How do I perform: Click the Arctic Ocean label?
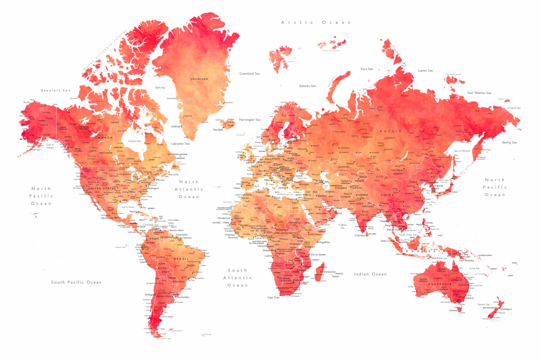coord(316,22)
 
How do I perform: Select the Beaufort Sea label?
coord(56,90)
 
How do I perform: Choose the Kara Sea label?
coord(367,69)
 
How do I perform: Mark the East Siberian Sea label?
coord(479,93)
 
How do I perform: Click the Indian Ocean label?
coord(370,274)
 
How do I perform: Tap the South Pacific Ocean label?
coord(76,282)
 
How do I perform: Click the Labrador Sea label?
coord(180,144)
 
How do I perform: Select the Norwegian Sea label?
coord(250,119)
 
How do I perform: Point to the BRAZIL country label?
coord(180,260)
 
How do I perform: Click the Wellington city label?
coord(505,309)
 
